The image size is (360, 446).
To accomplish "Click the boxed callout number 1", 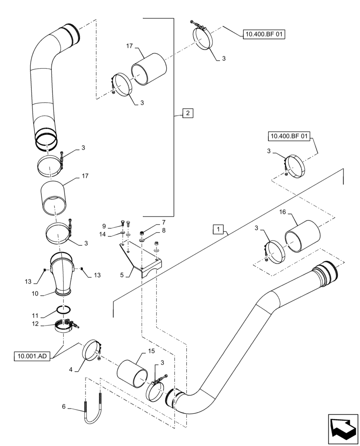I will point(217,229).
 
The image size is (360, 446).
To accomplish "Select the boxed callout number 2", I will point(188,113).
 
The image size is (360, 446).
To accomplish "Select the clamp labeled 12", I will point(65,326).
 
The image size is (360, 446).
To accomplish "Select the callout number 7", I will point(151,222).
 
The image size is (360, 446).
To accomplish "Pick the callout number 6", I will point(64,407).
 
